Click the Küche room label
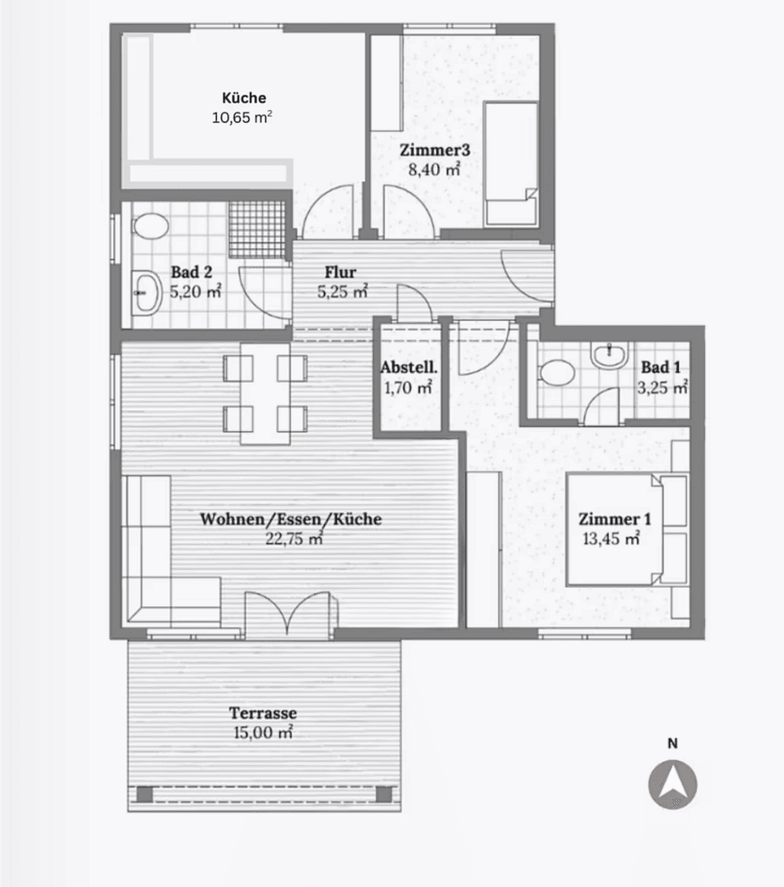click(244, 98)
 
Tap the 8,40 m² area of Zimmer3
click(434, 169)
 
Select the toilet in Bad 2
click(150, 227)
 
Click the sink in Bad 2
click(146, 292)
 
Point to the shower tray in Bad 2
click(257, 229)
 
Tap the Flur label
click(340, 272)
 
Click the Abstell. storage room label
click(408, 367)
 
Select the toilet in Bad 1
click(557, 374)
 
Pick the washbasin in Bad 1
click(608, 356)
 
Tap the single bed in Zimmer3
click(511, 164)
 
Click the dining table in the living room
click(265, 393)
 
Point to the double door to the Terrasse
click(288, 614)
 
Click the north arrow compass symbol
click(672, 784)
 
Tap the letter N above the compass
click(672, 743)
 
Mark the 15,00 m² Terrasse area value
click(263, 733)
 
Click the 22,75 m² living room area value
click(294, 539)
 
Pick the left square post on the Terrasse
click(145, 794)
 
